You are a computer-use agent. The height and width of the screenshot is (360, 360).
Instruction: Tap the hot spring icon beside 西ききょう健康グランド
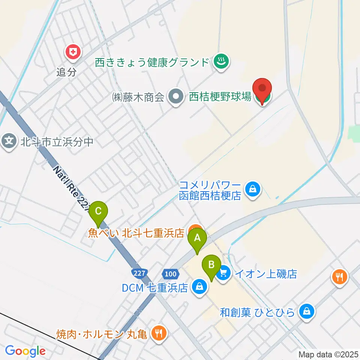coord(221,61)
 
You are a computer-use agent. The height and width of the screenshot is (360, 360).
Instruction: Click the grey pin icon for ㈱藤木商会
coord(175,97)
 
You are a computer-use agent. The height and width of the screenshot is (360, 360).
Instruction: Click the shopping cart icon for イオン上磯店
coord(224,273)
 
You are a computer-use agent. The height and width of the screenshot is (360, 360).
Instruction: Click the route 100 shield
coord(171,274)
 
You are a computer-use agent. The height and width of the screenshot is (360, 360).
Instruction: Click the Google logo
coord(25,351)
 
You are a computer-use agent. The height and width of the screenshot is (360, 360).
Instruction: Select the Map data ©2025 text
coord(328,354)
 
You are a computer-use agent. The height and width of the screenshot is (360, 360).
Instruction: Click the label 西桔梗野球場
coord(220,97)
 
